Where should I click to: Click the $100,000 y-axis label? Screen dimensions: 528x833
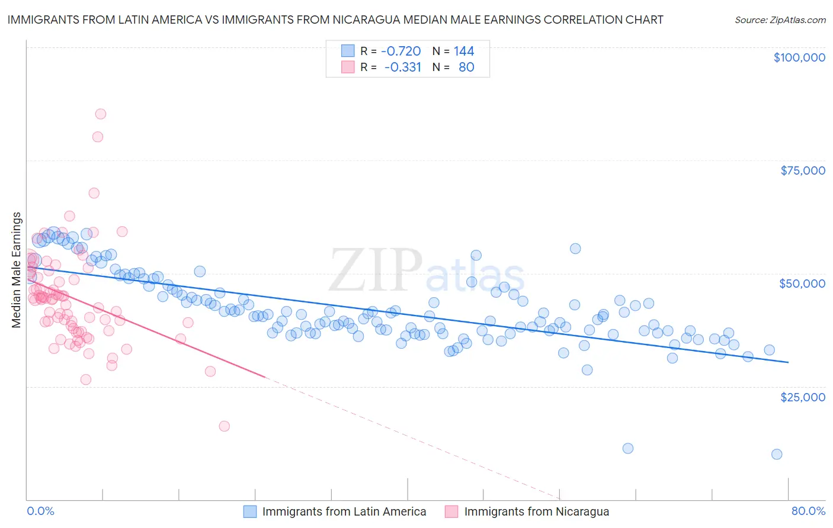pos(799,57)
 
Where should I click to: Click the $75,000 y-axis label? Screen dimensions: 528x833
pos(802,170)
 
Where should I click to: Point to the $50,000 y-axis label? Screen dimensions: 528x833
pos(802,284)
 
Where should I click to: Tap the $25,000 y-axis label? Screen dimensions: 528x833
pos(802,397)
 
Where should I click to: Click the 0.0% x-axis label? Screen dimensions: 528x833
pos(40,511)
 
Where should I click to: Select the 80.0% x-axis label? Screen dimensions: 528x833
pos(808,511)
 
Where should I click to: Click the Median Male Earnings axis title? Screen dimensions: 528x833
pos(17,269)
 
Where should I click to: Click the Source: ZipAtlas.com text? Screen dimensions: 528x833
pos(780,20)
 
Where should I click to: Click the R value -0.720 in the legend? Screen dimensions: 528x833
pos(401,51)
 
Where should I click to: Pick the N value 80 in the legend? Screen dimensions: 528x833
pos(466,67)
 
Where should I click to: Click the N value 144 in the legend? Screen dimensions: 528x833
pos(464,51)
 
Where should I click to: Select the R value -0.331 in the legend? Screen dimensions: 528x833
pos(402,67)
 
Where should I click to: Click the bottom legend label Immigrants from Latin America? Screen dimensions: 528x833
pos(344,512)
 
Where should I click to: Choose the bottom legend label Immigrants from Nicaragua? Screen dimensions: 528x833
pos(536,512)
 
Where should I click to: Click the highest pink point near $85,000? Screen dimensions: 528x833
pos(101,114)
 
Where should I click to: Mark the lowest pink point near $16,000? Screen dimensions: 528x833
pos(224,426)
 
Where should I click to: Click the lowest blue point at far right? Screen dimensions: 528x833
pos(777,454)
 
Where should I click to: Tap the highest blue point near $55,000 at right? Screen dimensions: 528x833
pos(575,249)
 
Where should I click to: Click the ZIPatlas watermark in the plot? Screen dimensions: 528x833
pos(427,271)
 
